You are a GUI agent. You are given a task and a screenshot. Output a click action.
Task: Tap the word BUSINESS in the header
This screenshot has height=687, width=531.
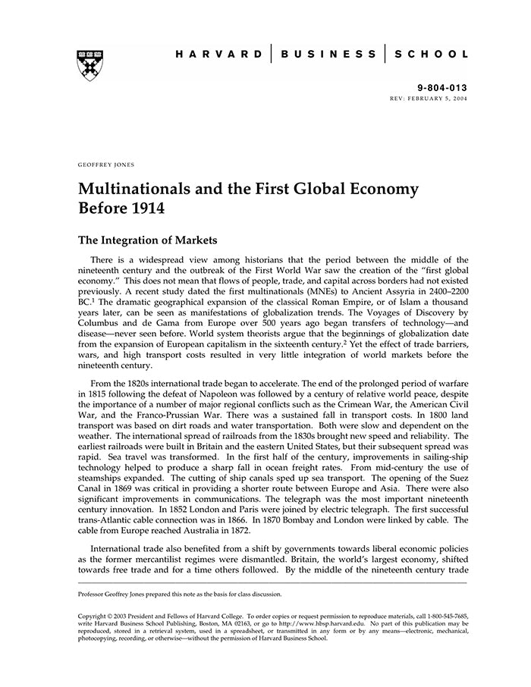[x=328, y=55]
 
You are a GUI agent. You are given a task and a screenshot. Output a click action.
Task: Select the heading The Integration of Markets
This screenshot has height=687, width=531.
[x=148, y=241]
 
